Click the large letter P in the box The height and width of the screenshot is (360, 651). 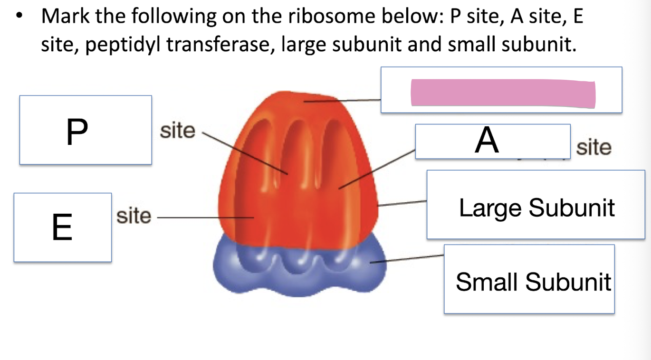pyautogui.click(x=77, y=132)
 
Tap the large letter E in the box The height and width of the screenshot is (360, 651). pyautogui.click(x=62, y=227)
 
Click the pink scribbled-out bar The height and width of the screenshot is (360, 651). pyautogui.click(x=502, y=93)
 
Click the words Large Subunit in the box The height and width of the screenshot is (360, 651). pyautogui.click(x=536, y=208)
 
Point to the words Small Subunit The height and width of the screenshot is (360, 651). pyautogui.click(x=533, y=281)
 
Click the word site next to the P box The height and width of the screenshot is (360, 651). pyautogui.click(x=177, y=131)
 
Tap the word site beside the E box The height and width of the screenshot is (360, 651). pyautogui.click(x=134, y=216)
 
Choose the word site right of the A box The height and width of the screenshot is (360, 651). pyautogui.click(x=594, y=148)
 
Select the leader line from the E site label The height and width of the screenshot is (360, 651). pyautogui.click(x=204, y=217)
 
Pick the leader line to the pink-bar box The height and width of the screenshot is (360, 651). pyautogui.click(x=342, y=100)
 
